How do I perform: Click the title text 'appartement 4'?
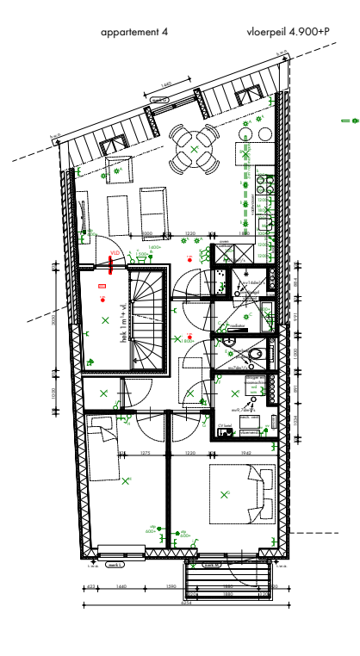point(134,31)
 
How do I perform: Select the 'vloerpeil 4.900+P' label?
point(288,31)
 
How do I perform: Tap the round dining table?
point(195,149)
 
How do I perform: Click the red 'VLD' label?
point(114,253)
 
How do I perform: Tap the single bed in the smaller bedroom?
point(102,448)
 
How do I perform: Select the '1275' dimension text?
point(146,453)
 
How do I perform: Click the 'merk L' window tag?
point(115,565)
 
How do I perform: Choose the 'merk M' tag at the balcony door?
point(209,565)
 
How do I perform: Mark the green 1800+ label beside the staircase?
point(187,342)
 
